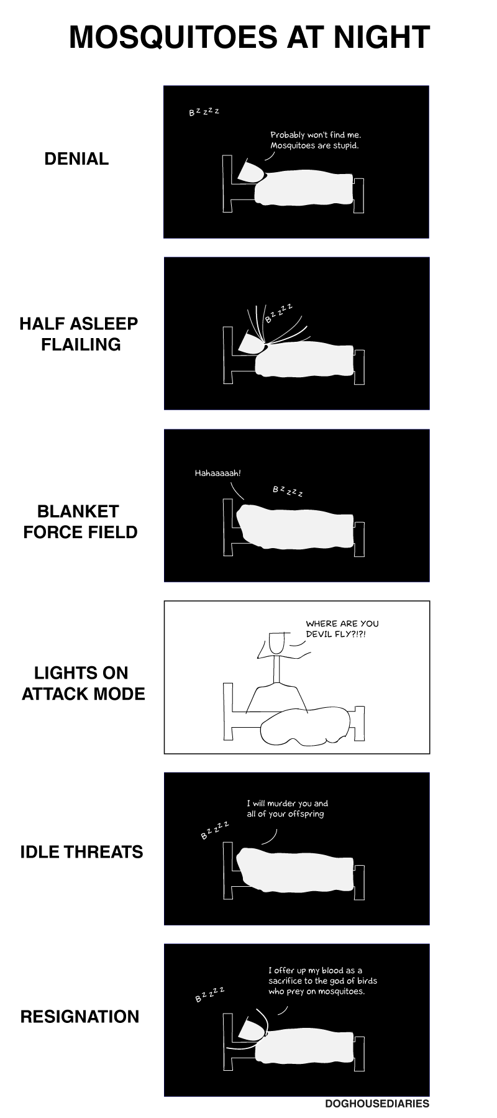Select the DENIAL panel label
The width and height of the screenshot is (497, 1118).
(x=76, y=158)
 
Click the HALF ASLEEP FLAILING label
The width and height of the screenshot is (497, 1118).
(x=79, y=334)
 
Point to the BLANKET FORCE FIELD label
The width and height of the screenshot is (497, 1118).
(x=80, y=521)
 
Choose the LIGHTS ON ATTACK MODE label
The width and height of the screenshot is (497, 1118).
(x=83, y=683)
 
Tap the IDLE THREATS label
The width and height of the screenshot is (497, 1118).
(x=81, y=851)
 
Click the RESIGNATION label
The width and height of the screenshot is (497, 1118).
(x=80, y=1017)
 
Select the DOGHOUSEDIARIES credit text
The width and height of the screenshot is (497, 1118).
(x=377, y=1104)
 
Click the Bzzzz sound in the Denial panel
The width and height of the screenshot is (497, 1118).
(x=204, y=112)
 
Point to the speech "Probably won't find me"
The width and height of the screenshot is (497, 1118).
(x=316, y=140)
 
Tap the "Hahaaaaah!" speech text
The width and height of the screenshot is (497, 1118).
(x=217, y=473)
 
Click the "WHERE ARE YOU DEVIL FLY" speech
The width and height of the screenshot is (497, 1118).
(x=342, y=628)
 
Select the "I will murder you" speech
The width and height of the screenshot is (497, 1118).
(x=287, y=809)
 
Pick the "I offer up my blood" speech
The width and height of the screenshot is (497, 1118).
(x=322, y=981)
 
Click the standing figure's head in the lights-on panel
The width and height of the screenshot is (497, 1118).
(x=277, y=643)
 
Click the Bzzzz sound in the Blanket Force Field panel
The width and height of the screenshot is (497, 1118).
(x=288, y=491)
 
